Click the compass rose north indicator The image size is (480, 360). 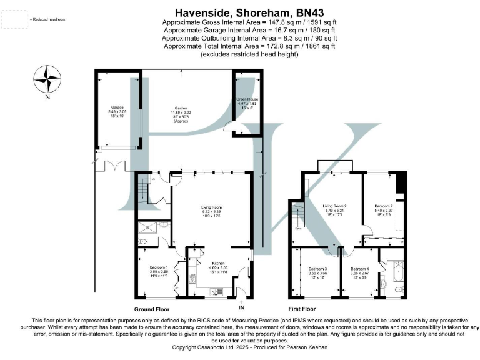click(47, 80)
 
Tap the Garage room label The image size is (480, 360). click(117, 107)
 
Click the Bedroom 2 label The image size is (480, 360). click(383, 206)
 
